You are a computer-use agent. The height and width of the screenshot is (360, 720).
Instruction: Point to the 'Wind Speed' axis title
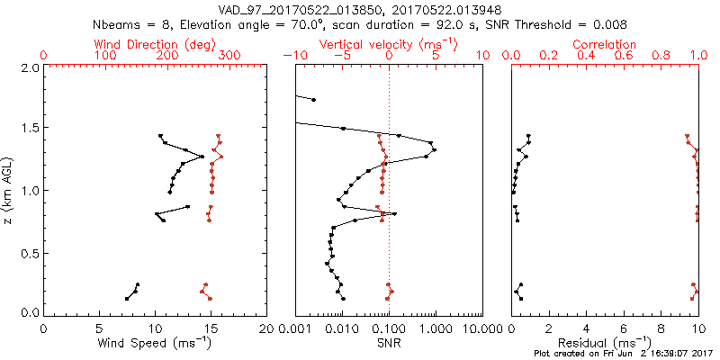click(155, 343)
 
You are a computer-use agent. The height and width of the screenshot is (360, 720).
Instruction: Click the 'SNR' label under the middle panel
click(389, 343)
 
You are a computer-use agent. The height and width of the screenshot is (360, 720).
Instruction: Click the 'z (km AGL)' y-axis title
click(9, 190)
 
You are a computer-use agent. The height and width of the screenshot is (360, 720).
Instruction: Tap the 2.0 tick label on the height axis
click(30, 67)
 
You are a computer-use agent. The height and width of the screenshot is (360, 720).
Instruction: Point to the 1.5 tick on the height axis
click(30, 129)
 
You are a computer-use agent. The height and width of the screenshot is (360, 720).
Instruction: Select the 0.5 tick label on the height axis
click(30, 252)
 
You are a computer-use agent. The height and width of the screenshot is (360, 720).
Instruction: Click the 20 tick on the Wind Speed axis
click(266, 328)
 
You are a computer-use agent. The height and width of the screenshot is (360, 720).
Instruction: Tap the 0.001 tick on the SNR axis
click(296, 328)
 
